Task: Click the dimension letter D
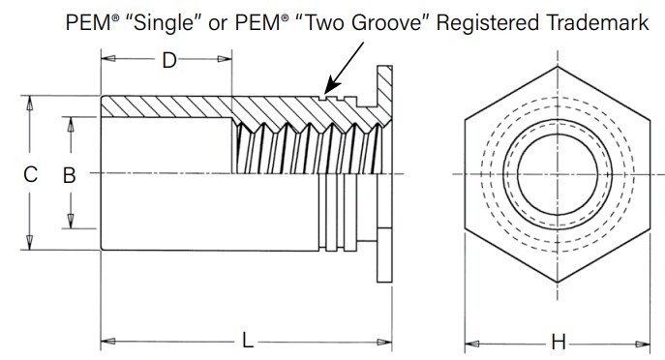pyautogui.click(x=168, y=61)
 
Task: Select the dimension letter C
pyautogui.click(x=30, y=174)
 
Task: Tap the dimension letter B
pyautogui.click(x=69, y=174)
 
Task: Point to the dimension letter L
pyautogui.click(x=248, y=341)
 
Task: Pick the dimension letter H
pyautogui.click(x=558, y=341)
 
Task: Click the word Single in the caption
pyautogui.click(x=171, y=21)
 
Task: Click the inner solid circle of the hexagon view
pyautogui.click(x=557, y=174)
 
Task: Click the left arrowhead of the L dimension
pyautogui.click(x=106, y=341)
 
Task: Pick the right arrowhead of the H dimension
pyautogui.click(x=650, y=341)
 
